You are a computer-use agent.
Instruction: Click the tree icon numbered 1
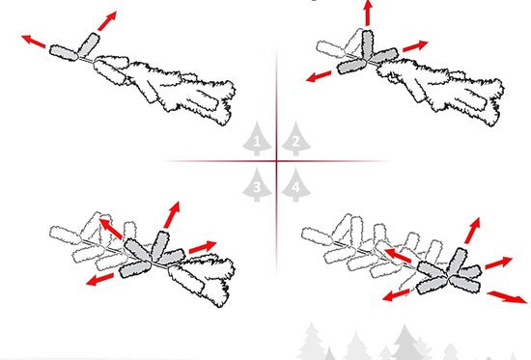coord(257,139)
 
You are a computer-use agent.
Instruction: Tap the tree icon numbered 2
coord(296,139)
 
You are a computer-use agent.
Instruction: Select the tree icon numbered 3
coord(257,184)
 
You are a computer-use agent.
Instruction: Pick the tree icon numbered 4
coord(296,184)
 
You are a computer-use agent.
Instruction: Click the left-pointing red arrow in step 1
coord(33,41)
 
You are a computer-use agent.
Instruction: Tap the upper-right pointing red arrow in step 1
coord(107,20)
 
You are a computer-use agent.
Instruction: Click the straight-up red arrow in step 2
coord(368,13)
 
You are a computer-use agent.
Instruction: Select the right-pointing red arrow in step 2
coord(415,46)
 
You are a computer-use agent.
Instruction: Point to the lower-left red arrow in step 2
coord(319,76)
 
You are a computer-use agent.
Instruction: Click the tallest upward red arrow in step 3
coord(172,214)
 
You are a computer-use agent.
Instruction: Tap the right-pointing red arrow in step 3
coord(203,247)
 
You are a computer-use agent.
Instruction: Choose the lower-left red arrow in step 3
coord(99,279)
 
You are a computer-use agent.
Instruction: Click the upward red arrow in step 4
coord(473,231)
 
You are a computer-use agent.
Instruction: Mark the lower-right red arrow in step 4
coord(507,296)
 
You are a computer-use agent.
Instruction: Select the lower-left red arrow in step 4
coord(396,294)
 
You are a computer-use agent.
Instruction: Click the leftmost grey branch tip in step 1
coord(64,53)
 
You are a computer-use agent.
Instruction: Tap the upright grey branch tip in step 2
coord(368,44)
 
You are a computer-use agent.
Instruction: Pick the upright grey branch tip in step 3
coord(160,246)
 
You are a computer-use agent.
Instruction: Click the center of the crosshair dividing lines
coord(277,161)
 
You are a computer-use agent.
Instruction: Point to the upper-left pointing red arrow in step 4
coord(398,256)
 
